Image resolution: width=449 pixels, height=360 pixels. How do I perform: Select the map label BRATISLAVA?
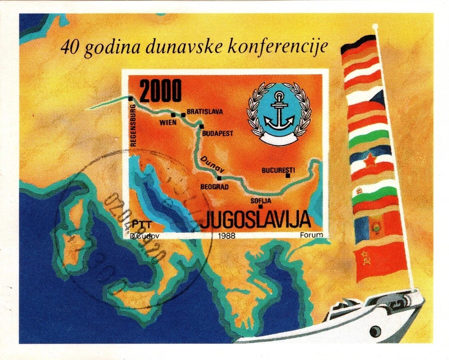tap(204, 112)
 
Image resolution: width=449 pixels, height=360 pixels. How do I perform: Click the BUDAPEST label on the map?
tap(217, 134)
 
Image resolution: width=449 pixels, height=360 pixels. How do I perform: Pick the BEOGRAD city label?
tap(214, 186)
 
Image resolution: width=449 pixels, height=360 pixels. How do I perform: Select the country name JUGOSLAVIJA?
tap(256, 219)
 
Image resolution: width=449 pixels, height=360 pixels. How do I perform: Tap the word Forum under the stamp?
tap(311, 235)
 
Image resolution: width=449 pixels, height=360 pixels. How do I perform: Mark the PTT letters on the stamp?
tap(139, 224)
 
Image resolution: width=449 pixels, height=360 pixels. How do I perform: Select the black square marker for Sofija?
tap(261, 206)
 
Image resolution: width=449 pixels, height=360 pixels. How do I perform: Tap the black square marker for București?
tap(288, 176)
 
